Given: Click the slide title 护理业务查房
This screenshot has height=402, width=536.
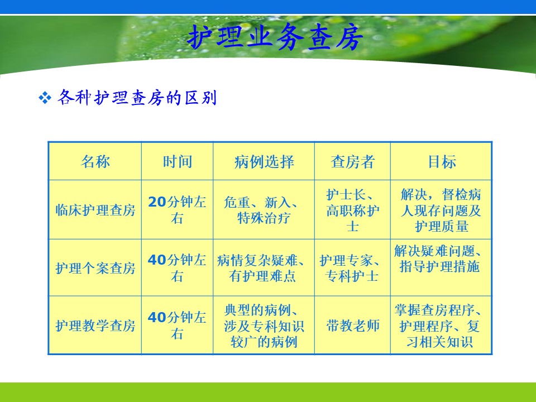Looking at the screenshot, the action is point(275,37).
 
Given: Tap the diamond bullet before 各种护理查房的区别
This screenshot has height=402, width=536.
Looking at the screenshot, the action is point(45,98).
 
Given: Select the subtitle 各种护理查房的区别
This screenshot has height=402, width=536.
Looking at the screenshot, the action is point(137,98).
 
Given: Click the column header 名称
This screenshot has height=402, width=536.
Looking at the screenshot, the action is point(95,161).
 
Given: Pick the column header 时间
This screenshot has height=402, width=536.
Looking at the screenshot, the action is point(177,161).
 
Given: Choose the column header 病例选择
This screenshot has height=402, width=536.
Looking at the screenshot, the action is point(264,161).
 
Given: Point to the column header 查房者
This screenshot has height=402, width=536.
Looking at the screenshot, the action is point(352,161).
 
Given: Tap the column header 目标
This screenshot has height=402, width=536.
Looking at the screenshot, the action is point(442,161).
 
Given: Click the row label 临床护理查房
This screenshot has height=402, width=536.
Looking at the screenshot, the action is point(95,210).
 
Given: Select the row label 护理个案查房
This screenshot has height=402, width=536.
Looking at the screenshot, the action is point(95,268).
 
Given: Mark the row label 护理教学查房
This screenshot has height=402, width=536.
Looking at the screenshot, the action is point(95,326).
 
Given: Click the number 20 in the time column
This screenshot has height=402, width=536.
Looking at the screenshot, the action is point(157,202).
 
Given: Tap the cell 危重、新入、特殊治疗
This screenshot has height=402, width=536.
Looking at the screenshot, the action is point(262,210).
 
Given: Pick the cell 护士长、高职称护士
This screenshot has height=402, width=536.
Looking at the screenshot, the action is point(352,210).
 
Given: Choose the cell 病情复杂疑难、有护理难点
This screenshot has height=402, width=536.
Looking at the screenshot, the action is point(262,268).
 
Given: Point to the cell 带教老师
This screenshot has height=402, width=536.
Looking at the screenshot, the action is point(352,326).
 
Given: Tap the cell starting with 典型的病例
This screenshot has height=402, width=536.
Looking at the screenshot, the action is point(264,326).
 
